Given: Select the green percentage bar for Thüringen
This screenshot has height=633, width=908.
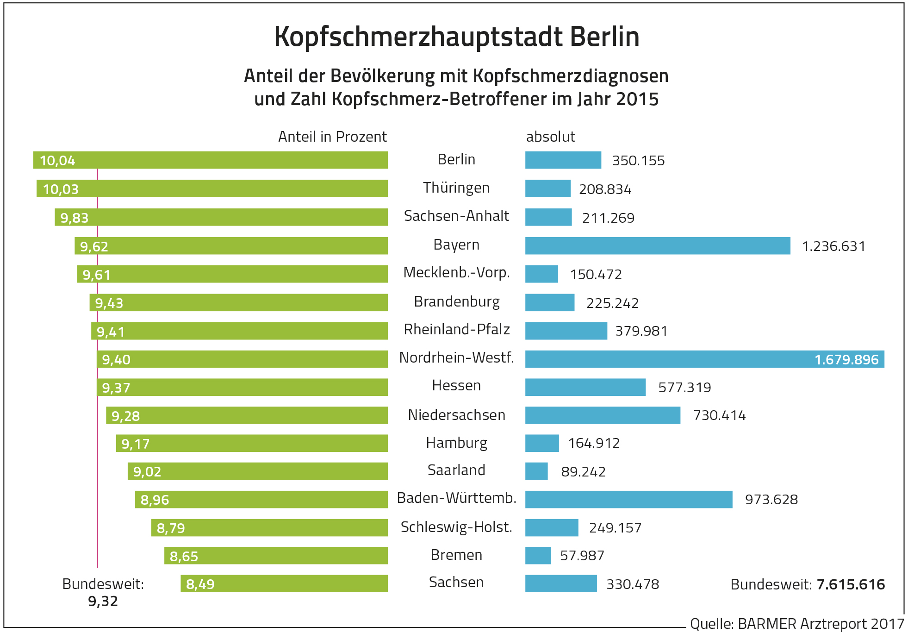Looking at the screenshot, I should [212, 188].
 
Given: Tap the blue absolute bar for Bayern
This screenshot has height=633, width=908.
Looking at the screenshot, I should [657, 245].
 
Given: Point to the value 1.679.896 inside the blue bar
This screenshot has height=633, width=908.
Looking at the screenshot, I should [846, 360].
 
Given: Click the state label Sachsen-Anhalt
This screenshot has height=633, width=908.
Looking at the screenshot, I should [456, 216].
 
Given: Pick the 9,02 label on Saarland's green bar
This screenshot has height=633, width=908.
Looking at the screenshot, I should [147, 472].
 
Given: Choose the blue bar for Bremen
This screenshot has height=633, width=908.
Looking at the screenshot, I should [538, 555].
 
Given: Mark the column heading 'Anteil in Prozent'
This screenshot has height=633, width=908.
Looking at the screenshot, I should [332, 137].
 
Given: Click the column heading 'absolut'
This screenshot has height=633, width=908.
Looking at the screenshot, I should [550, 137].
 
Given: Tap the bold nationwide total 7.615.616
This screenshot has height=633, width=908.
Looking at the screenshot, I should [851, 584].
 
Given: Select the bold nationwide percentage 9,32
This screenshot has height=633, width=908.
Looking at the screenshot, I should [103, 602].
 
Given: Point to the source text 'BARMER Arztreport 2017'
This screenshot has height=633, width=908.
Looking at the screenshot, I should [821, 624].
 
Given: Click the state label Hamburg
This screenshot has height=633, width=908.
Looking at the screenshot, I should [456, 443].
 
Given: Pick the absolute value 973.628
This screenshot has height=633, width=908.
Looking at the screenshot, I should [771, 500].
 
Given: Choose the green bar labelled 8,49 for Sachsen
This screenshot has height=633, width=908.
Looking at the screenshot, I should [284, 583].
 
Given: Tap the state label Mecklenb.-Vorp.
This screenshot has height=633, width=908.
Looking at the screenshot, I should [456, 273].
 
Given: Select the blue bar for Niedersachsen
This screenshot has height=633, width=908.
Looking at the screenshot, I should [603, 415].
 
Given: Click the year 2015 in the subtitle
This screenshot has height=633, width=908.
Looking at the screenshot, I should [637, 99].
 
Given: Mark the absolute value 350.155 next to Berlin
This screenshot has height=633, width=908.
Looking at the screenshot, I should [638, 161].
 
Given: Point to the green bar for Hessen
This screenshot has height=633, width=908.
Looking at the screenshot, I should [242, 387].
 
